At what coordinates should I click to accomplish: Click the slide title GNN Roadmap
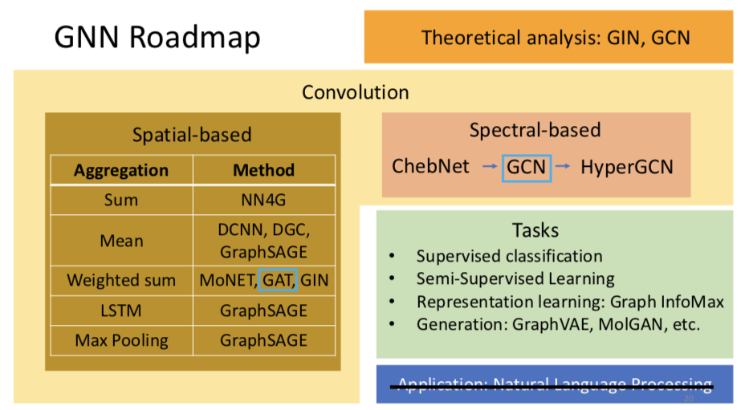pyautogui.click(x=157, y=37)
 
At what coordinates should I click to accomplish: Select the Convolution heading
pyautogui.click(x=355, y=92)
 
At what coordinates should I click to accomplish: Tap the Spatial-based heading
pyautogui.click(x=192, y=134)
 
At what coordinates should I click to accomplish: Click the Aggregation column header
pyautogui.click(x=121, y=170)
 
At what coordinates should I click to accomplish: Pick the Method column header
pyautogui.click(x=263, y=170)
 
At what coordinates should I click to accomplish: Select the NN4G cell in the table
pyautogui.click(x=263, y=200)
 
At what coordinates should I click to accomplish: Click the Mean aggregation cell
pyautogui.click(x=121, y=240)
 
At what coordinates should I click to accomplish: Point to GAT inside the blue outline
pyautogui.click(x=279, y=280)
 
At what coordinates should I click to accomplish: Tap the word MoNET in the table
pyautogui.click(x=227, y=280)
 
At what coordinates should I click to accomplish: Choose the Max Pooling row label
pyautogui.click(x=121, y=340)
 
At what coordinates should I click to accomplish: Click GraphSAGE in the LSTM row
pyautogui.click(x=263, y=310)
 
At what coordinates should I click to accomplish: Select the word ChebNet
pyautogui.click(x=430, y=167)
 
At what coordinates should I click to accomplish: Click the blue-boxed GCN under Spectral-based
pyautogui.click(x=526, y=167)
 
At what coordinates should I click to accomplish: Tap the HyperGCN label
pyautogui.click(x=627, y=167)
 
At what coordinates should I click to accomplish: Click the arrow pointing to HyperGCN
pyautogui.click(x=564, y=166)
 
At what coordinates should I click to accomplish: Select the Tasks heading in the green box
pyautogui.click(x=535, y=230)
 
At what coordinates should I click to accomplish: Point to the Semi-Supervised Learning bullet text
pyautogui.click(x=515, y=278)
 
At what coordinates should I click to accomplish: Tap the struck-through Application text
pyautogui.click(x=555, y=384)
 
